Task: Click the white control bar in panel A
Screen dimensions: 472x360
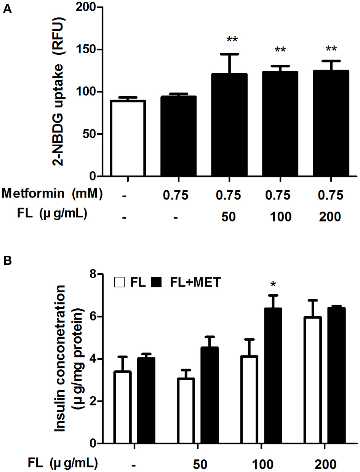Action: (x=127, y=139)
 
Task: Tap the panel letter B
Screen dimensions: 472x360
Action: (x=7, y=262)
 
